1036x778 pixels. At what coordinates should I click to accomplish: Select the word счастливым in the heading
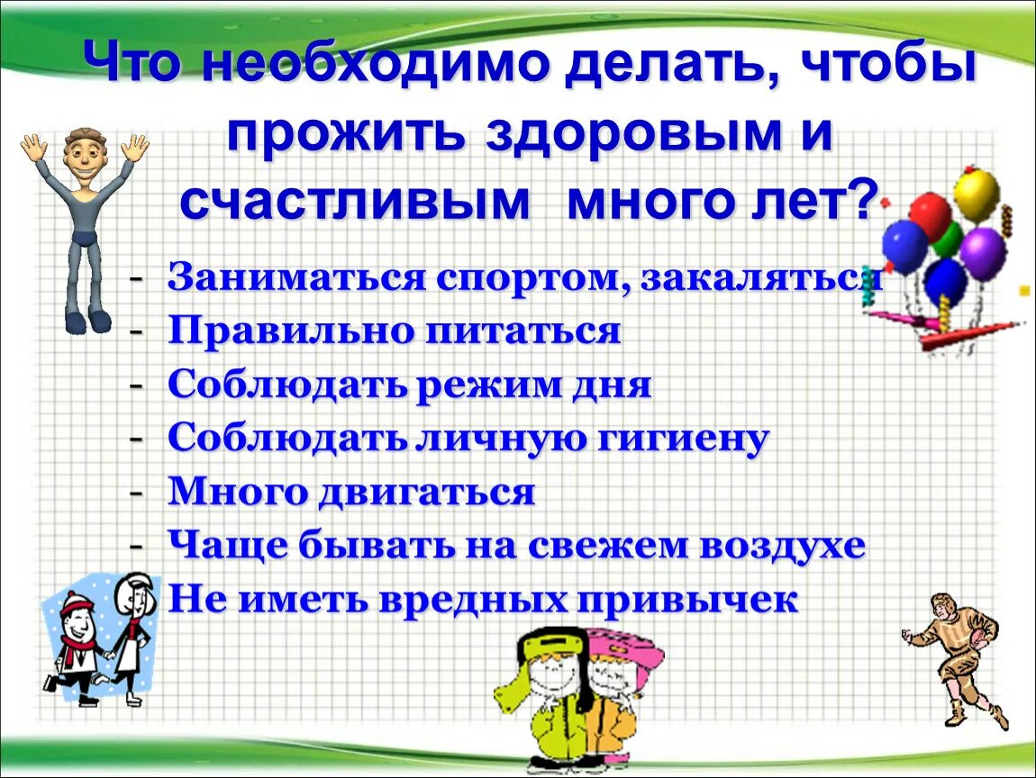click(354, 202)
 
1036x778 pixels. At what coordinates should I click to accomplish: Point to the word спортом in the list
click(532, 277)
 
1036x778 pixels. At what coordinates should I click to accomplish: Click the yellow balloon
click(977, 194)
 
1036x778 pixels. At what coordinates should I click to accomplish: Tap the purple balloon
click(983, 253)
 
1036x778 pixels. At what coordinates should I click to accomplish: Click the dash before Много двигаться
click(136, 493)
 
